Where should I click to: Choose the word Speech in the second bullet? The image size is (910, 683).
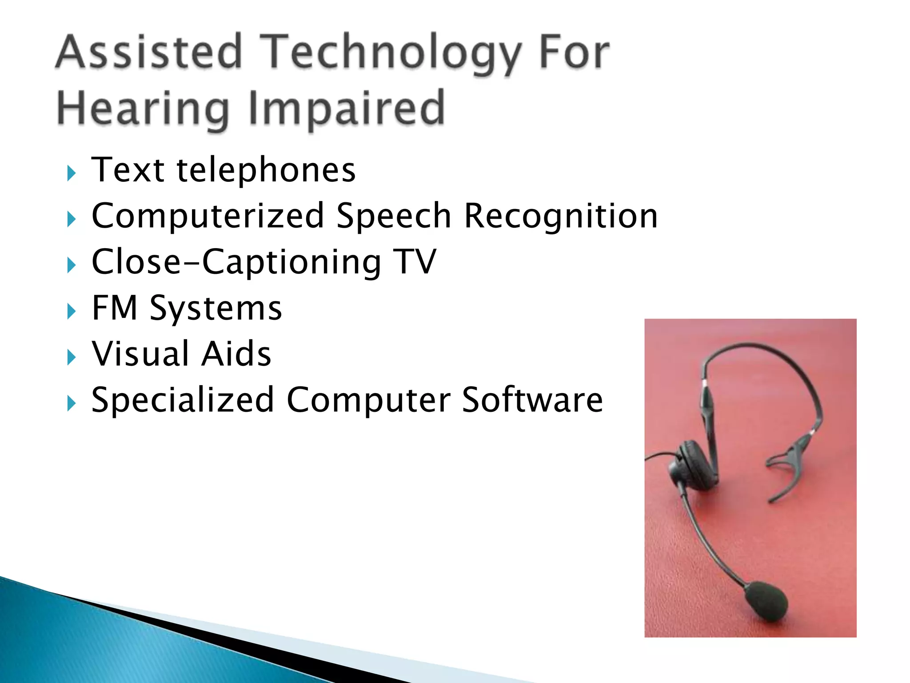pyautogui.click(x=394, y=217)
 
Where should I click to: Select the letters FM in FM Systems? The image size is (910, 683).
pyautogui.click(x=114, y=308)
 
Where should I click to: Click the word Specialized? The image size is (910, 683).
pyautogui.click(x=182, y=400)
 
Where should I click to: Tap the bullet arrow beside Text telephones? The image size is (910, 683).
pyautogui.click(x=72, y=173)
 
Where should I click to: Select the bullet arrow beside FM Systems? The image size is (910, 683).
pyautogui.click(x=72, y=311)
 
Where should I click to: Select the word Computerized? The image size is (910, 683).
pyautogui.click(x=208, y=216)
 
